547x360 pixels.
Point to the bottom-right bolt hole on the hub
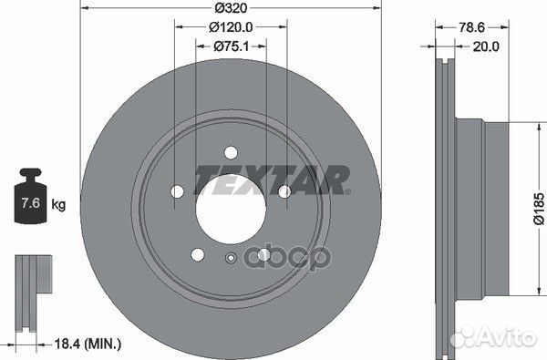coord(263,254)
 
